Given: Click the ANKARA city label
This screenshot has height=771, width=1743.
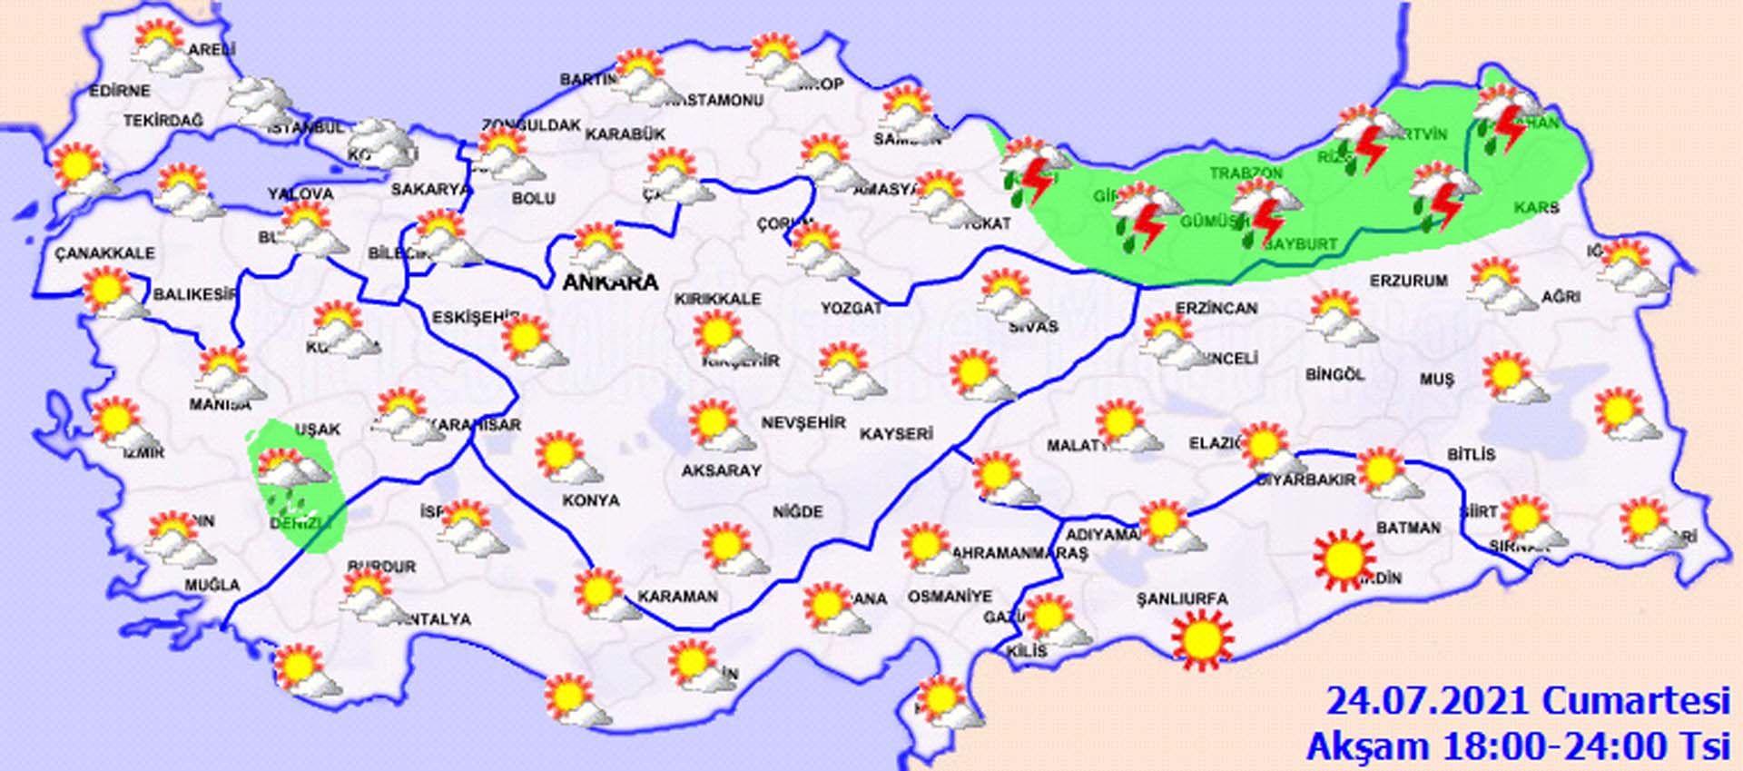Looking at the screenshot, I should point(610,282).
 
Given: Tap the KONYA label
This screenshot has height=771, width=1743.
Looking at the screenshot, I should point(590,500).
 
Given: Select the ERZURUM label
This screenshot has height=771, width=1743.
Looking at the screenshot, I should point(1409,281).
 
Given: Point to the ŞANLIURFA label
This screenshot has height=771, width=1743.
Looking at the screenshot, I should point(1182,599).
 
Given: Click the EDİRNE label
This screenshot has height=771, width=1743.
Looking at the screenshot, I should point(120,92).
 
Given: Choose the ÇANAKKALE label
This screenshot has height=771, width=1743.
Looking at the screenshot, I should point(104,253).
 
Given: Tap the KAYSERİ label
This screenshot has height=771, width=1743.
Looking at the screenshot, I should point(896,434).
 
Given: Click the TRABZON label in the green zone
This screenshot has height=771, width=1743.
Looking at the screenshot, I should point(1246,173).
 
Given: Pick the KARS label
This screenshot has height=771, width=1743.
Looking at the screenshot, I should point(1536,208).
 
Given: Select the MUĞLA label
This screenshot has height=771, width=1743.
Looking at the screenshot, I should point(212,586).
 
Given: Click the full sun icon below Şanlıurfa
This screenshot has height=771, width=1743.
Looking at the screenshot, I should point(1203,639).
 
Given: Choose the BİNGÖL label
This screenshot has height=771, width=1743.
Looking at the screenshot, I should point(1334,374).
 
